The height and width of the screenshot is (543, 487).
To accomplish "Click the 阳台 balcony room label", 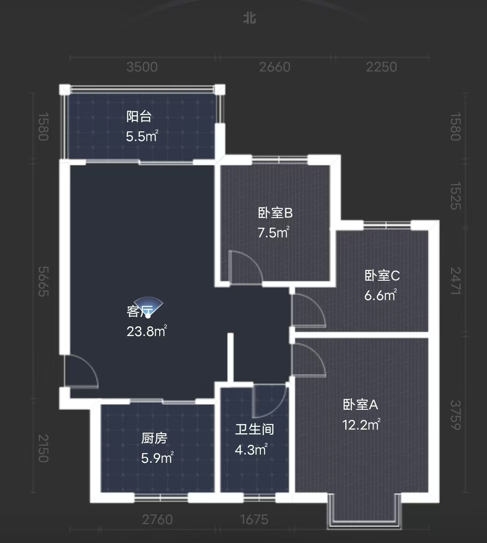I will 139,117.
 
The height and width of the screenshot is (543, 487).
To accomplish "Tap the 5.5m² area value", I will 142,136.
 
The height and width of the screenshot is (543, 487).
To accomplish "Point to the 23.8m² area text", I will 146,331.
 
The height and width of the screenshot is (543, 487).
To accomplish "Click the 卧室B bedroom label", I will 275,213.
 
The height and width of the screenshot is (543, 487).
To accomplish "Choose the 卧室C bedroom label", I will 382,276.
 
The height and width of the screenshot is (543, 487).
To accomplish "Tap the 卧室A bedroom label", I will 360,405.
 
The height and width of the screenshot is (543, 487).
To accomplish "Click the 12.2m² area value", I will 361,425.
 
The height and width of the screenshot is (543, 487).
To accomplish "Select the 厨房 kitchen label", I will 154,438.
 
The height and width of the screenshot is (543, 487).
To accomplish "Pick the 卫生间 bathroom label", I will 254,430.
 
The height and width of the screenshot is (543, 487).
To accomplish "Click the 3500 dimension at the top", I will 142,67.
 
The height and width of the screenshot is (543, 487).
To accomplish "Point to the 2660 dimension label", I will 275,67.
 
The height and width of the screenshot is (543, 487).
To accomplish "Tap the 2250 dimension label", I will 381,67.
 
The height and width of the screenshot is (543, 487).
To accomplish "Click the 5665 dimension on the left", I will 43,281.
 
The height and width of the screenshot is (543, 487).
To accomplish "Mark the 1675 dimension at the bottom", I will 254,520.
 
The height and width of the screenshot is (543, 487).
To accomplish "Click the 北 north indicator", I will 249,18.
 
